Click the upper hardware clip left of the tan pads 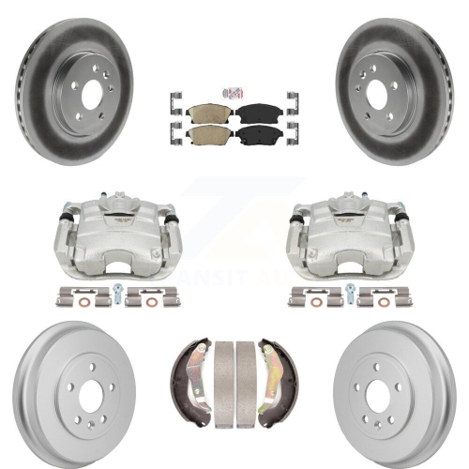pyautogui.click(x=174, y=98)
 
